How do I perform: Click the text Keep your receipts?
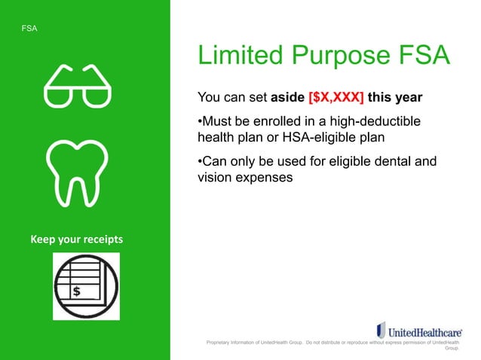click(x=76, y=239)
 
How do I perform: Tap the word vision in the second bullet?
click(x=214, y=178)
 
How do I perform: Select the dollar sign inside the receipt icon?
click(x=76, y=290)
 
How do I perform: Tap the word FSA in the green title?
click(x=419, y=56)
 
